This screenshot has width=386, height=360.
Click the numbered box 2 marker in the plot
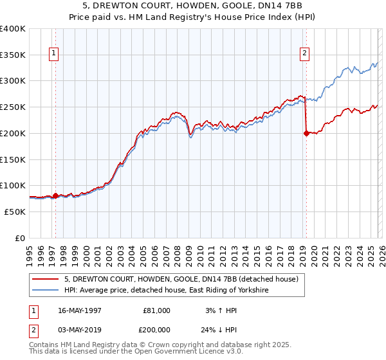(304, 53)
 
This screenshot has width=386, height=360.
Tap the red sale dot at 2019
(306, 133)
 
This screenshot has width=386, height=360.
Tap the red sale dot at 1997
(55, 195)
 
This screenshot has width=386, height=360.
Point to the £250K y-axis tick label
(13, 107)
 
